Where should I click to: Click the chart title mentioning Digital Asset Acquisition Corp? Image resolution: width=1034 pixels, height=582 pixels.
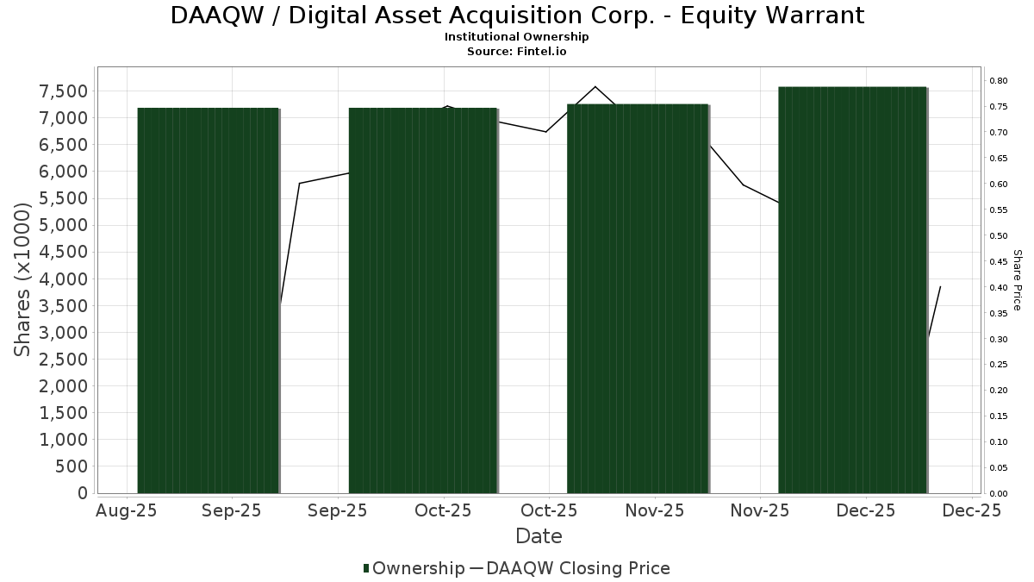click(x=517, y=16)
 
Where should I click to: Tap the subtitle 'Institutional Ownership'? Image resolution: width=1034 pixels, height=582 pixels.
click(x=517, y=37)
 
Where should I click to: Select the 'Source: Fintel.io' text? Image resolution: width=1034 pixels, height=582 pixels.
click(x=517, y=52)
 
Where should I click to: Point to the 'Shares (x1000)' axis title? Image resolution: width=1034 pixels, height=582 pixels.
click(x=22, y=279)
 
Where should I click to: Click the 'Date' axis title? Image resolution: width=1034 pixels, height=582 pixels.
click(x=539, y=536)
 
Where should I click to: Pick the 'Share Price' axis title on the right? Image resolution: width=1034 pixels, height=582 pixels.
click(x=1017, y=279)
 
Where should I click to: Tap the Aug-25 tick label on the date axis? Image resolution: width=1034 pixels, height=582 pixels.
click(x=127, y=510)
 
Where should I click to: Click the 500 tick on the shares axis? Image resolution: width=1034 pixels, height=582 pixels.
click(x=72, y=466)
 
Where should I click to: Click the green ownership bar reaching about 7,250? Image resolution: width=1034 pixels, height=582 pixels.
click(x=638, y=298)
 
